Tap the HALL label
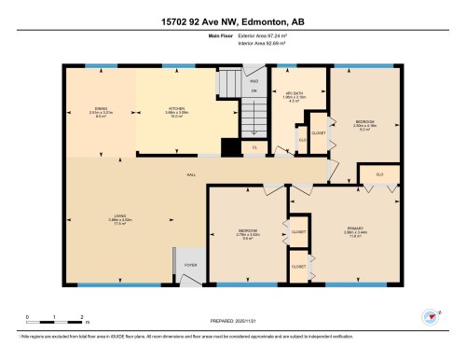tap(191, 174)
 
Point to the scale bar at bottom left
tap(55, 314)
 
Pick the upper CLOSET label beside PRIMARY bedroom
tap(299, 230)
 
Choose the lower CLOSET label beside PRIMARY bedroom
tap(299, 266)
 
